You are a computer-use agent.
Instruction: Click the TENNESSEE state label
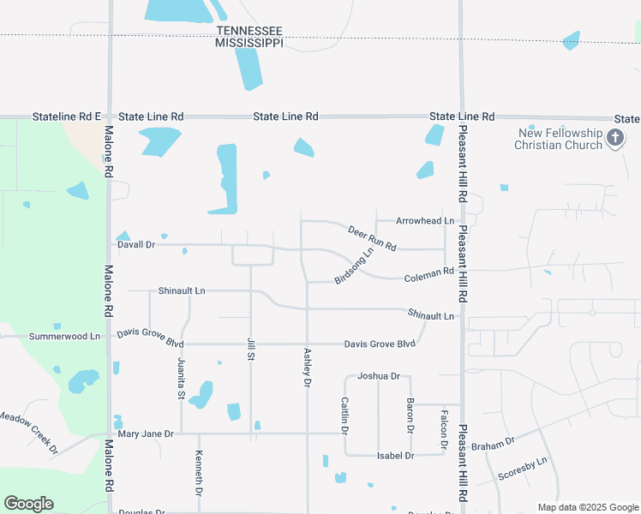(249, 31)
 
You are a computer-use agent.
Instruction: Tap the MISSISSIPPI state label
(249, 43)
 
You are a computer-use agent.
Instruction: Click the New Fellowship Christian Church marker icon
(614, 137)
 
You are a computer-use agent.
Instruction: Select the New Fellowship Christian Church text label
(558, 139)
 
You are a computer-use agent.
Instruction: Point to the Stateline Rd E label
(67, 116)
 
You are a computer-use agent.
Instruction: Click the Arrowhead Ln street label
(424, 221)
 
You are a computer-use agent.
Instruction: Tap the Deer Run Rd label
(372, 238)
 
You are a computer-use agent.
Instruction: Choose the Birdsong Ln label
(356, 265)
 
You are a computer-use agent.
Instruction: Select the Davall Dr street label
(135, 244)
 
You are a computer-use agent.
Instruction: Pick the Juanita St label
(182, 378)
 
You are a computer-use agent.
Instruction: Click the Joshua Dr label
(379, 376)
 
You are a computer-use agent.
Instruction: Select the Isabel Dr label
(395, 456)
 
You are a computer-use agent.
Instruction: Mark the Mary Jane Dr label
(146, 434)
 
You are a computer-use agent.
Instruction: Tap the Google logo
(28, 504)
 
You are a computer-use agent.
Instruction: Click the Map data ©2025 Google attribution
(587, 507)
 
